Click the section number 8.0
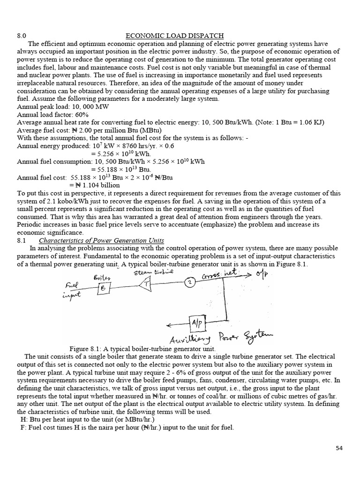point(22,36)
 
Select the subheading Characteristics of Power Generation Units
point(101,240)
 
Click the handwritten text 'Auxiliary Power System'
point(220,337)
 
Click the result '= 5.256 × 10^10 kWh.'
point(121,154)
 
